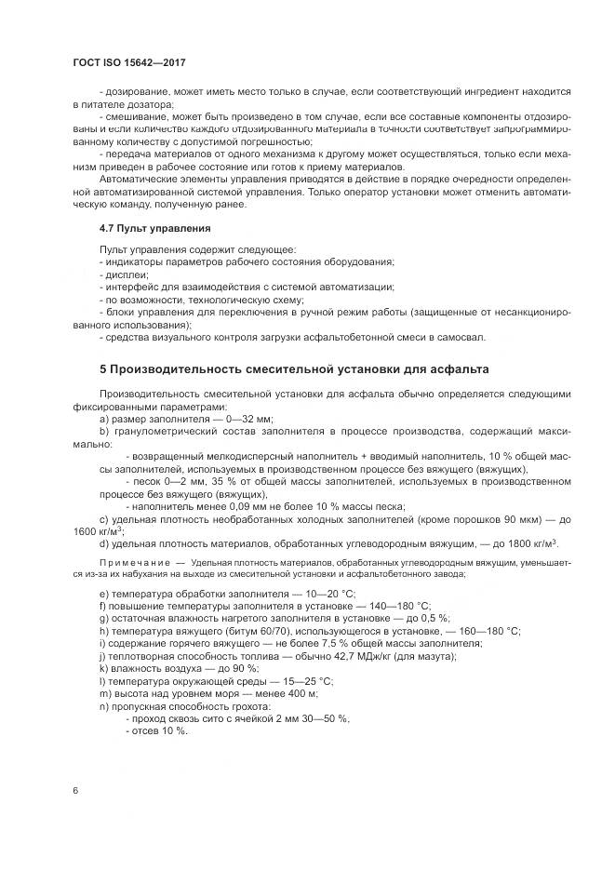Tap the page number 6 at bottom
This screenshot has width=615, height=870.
point(74,790)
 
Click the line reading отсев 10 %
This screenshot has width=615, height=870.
point(156,730)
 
